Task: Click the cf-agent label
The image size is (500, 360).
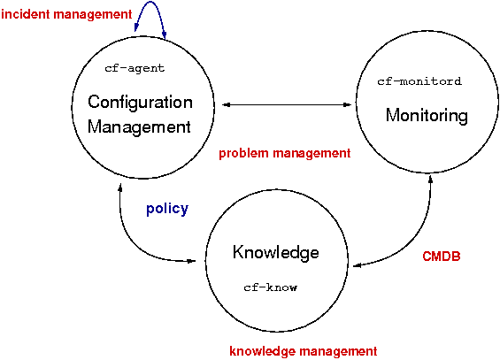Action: pos(135,68)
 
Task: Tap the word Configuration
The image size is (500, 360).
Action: pos(140,102)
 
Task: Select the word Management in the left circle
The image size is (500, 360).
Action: pos(139,127)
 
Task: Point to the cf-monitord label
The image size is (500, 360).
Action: pos(419,81)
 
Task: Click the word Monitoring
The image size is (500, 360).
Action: pos(427,115)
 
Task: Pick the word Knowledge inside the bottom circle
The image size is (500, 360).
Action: pos(276,252)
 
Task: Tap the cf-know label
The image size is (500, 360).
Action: pos(271,287)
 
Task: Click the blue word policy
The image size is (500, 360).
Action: pos(167,210)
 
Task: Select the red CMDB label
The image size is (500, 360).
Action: pos(442,257)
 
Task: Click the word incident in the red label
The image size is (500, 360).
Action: pos(26,14)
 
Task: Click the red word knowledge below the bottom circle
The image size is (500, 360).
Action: pos(263,351)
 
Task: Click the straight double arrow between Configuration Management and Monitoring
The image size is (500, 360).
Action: pos(287,104)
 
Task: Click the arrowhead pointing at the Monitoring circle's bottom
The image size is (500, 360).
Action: pos(430,179)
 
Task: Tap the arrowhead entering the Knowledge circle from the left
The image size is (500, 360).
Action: pos(192,261)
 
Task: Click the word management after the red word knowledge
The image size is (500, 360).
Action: pos(339,351)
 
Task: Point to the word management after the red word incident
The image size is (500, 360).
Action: pos(93,15)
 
